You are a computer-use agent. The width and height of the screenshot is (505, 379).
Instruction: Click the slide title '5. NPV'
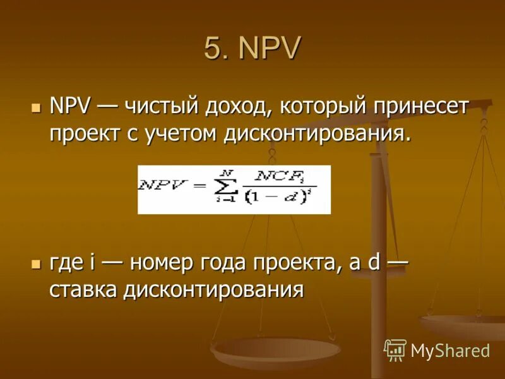point(252,49)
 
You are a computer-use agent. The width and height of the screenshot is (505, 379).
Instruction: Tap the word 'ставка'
point(83,290)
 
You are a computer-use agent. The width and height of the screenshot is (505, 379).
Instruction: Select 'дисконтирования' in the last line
point(213,290)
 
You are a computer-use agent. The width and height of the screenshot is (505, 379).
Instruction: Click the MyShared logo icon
point(395,349)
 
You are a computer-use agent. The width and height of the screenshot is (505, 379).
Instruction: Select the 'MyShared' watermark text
point(450,351)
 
